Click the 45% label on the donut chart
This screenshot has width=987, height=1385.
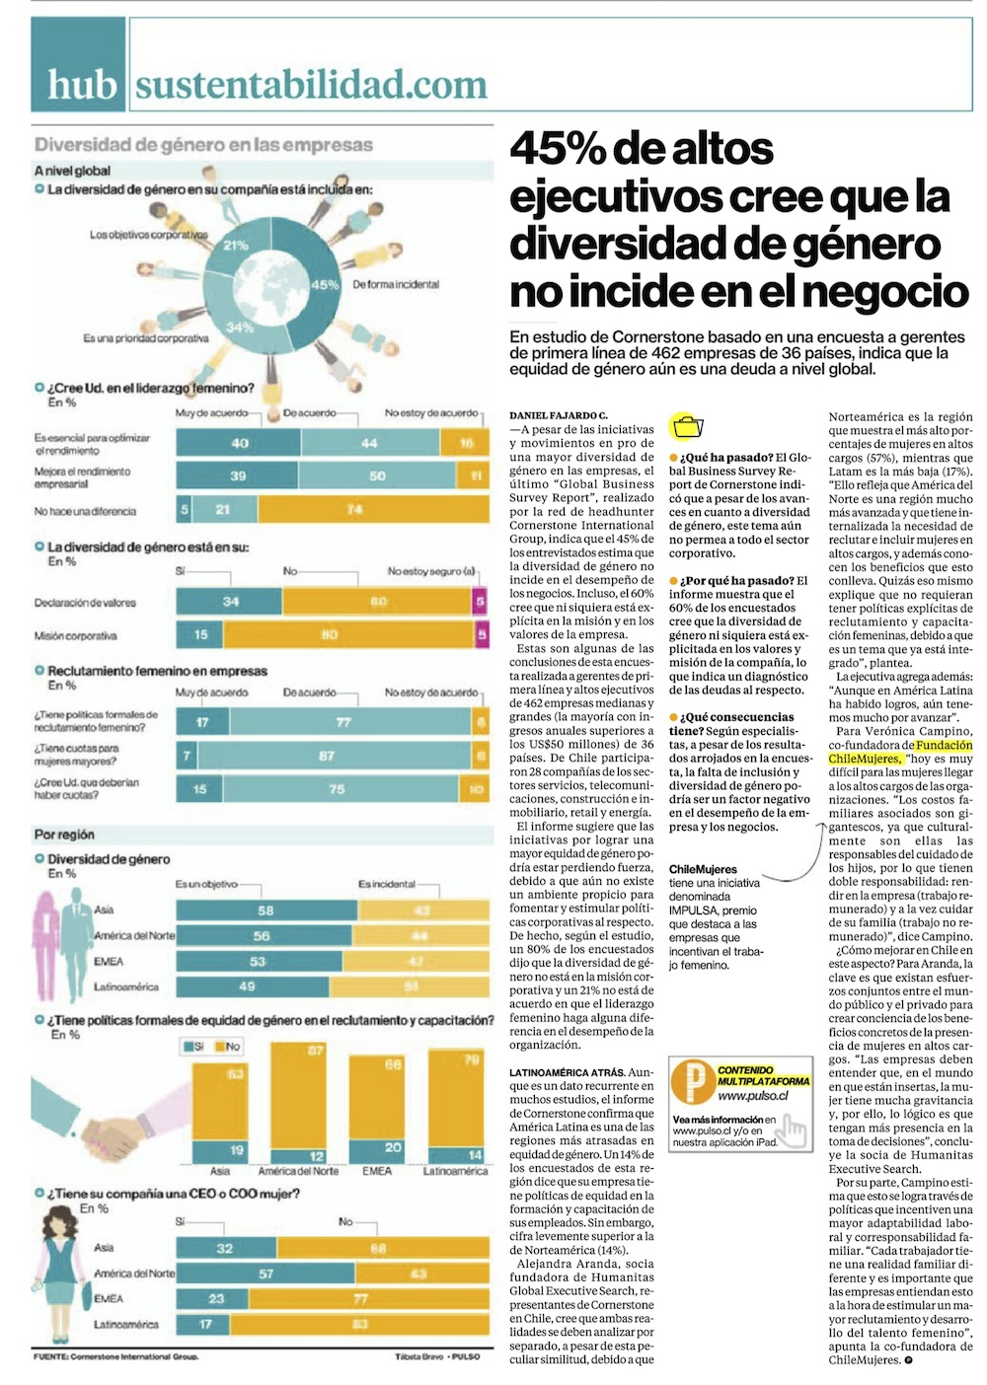tap(325, 284)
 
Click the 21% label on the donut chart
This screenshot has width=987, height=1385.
tap(237, 245)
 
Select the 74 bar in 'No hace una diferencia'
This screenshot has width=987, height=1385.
tap(353, 510)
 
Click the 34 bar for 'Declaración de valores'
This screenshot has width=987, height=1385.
tap(230, 601)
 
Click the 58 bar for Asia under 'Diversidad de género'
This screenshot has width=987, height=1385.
tap(266, 910)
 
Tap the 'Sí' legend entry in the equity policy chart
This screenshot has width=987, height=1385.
tap(192, 1046)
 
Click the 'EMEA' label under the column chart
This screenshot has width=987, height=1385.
tap(377, 1171)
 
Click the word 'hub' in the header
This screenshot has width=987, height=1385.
tap(82, 85)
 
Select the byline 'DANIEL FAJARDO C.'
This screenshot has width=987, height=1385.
tap(559, 416)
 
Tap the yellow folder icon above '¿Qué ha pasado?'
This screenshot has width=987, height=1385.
tap(686, 427)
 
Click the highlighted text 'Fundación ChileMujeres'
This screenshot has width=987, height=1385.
tap(900, 752)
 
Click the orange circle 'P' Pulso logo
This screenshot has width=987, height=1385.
tap(691, 1082)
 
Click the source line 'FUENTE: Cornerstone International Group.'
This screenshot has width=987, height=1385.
tap(115, 1356)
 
